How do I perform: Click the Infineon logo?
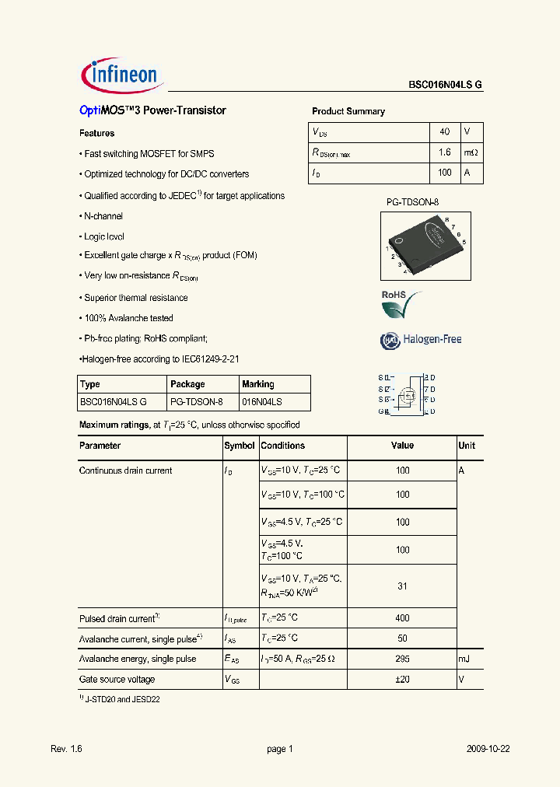(x=120, y=75)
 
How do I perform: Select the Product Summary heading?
(x=348, y=111)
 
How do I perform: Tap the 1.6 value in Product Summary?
(x=445, y=153)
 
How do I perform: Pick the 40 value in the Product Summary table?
(x=445, y=132)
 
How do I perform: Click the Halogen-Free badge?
(x=421, y=339)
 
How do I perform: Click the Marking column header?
(x=258, y=384)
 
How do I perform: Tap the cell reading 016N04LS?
(x=262, y=402)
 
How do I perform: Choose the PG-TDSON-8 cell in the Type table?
(x=196, y=402)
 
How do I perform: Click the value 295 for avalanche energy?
(x=402, y=659)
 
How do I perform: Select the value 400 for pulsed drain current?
(x=402, y=618)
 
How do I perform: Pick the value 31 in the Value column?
(x=402, y=586)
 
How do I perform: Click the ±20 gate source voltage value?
(x=402, y=679)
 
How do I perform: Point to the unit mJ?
(x=464, y=659)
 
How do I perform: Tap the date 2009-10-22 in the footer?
(x=488, y=749)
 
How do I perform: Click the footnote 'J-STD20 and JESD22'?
(x=123, y=699)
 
